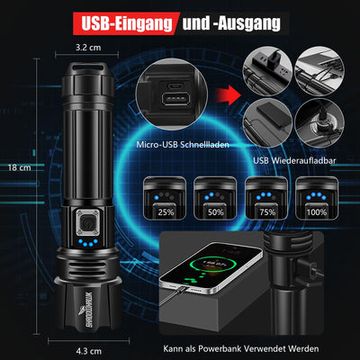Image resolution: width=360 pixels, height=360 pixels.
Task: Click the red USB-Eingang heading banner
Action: tap(126, 23)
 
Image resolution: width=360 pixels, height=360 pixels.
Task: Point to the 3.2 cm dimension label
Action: tap(88, 48)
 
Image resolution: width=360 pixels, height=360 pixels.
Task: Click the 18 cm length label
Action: tap(20, 167)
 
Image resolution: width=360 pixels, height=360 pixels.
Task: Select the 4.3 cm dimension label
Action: tap(89, 351)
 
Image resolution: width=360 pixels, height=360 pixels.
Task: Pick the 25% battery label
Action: tap(166, 212)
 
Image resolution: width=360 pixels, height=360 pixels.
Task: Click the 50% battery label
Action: tap(216, 212)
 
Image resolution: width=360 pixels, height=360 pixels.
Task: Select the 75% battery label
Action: tap(267, 212)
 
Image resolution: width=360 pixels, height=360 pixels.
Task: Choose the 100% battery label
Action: tap(317, 212)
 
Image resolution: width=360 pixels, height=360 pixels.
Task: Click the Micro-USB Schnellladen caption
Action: tap(183, 145)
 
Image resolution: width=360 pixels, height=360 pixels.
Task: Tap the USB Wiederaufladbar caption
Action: tap(294, 160)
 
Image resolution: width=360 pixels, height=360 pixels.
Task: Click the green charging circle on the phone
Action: tap(209, 264)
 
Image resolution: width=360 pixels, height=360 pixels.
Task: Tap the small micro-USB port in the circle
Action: tap(175, 86)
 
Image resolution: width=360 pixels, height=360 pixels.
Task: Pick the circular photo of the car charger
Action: tap(319, 123)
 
